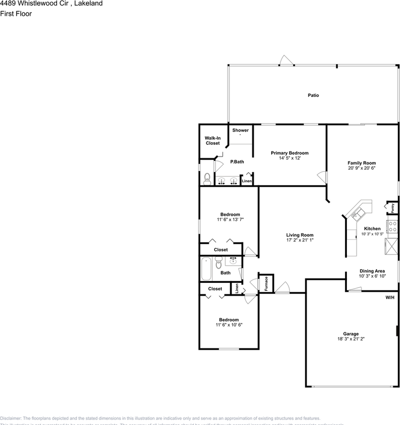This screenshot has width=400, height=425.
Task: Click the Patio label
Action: [313, 96]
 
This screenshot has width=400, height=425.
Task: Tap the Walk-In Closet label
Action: [212, 141]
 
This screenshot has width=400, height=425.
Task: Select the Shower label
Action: [240, 131]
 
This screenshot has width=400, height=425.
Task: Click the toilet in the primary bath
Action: [207, 178]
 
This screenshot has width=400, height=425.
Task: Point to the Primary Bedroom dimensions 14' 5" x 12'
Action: [289, 158]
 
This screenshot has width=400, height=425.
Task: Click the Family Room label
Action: [362, 163]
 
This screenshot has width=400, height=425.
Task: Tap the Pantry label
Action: [392, 208]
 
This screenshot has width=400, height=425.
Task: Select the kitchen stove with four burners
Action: [392, 227]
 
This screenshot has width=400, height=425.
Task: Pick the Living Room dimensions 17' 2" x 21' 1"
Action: [300, 240]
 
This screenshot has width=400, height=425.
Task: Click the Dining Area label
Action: [372, 271]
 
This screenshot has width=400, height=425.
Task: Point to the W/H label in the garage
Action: [389, 297]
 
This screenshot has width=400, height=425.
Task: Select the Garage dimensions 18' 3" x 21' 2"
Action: [351, 339]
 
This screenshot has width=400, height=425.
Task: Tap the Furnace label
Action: [266, 283]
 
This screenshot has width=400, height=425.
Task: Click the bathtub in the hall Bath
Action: [206, 269]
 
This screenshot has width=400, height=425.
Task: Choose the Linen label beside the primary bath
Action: [247, 181]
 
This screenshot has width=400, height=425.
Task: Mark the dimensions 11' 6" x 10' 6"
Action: [229, 325]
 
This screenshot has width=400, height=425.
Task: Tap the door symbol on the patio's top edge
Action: [287, 61]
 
